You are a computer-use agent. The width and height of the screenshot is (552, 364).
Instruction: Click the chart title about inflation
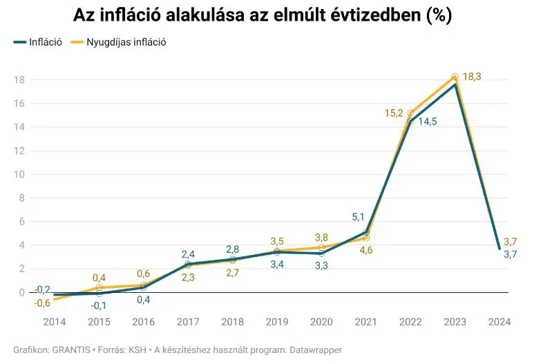tap(263, 16)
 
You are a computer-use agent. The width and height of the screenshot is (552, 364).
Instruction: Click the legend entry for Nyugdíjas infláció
tap(125, 42)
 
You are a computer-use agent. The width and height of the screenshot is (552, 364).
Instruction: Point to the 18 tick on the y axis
tap(20, 80)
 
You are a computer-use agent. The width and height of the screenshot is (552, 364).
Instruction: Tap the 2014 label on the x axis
tap(55, 321)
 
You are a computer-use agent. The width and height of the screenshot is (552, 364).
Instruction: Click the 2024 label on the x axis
tap(499, 321)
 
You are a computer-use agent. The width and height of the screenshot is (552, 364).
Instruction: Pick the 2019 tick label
tap(276, 321)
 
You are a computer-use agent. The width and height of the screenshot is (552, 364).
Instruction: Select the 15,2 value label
tap(395, 112)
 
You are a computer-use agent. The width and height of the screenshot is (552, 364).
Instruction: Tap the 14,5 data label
tap(427, 122)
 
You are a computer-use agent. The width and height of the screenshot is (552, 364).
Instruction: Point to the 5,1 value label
tap(359, 218)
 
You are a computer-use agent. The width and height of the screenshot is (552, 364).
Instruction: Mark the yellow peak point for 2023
tap(455, 77)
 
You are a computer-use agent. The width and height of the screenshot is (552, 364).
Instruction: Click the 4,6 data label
tap(366, 250)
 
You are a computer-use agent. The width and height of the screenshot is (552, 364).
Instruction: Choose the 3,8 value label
tap(321, 236)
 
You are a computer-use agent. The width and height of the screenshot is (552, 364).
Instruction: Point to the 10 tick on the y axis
tap(20, 174)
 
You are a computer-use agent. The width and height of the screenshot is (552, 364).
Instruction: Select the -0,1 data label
tap(100, 305)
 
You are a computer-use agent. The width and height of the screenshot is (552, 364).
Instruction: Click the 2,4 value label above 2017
tap(189, 254)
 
